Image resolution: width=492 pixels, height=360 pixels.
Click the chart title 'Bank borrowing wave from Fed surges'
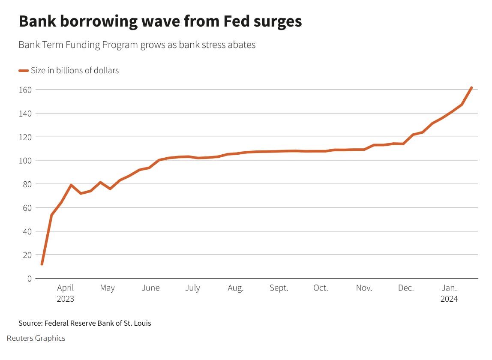tap(160, 22)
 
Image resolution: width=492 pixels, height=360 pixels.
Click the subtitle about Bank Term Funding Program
tap(137, 45)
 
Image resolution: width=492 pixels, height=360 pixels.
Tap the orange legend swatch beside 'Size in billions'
tap(24, 71)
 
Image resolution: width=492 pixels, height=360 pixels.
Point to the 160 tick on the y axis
tap(26, 90)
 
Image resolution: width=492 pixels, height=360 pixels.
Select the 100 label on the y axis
tap(26, 161)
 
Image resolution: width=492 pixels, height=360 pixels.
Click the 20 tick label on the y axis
tap(27, 255)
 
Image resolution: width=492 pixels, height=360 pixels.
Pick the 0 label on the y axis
tap(29, 279)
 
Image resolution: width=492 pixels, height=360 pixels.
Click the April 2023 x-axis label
tap(66, 293)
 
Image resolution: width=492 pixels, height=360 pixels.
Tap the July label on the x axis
tap(192, 288)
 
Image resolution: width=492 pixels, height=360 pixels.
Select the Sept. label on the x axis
tap(279, 288)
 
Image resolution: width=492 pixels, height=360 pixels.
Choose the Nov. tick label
tap(364, 288)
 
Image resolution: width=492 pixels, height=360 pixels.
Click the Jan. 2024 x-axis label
tap(449, 293)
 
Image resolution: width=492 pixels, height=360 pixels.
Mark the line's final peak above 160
tap(471, 88)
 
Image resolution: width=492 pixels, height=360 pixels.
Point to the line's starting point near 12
tap(42, 264)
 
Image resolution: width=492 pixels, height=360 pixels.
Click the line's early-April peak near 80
tap(71, 185)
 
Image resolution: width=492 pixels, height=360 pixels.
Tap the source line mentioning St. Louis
tap(85, 323)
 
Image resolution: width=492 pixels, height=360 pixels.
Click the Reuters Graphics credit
tap(36, 338)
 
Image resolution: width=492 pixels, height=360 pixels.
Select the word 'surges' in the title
tap(275, 22)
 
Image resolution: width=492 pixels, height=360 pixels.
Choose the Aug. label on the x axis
tap(235, 288)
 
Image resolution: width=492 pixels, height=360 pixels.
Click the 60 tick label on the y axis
tap(27, 208)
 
